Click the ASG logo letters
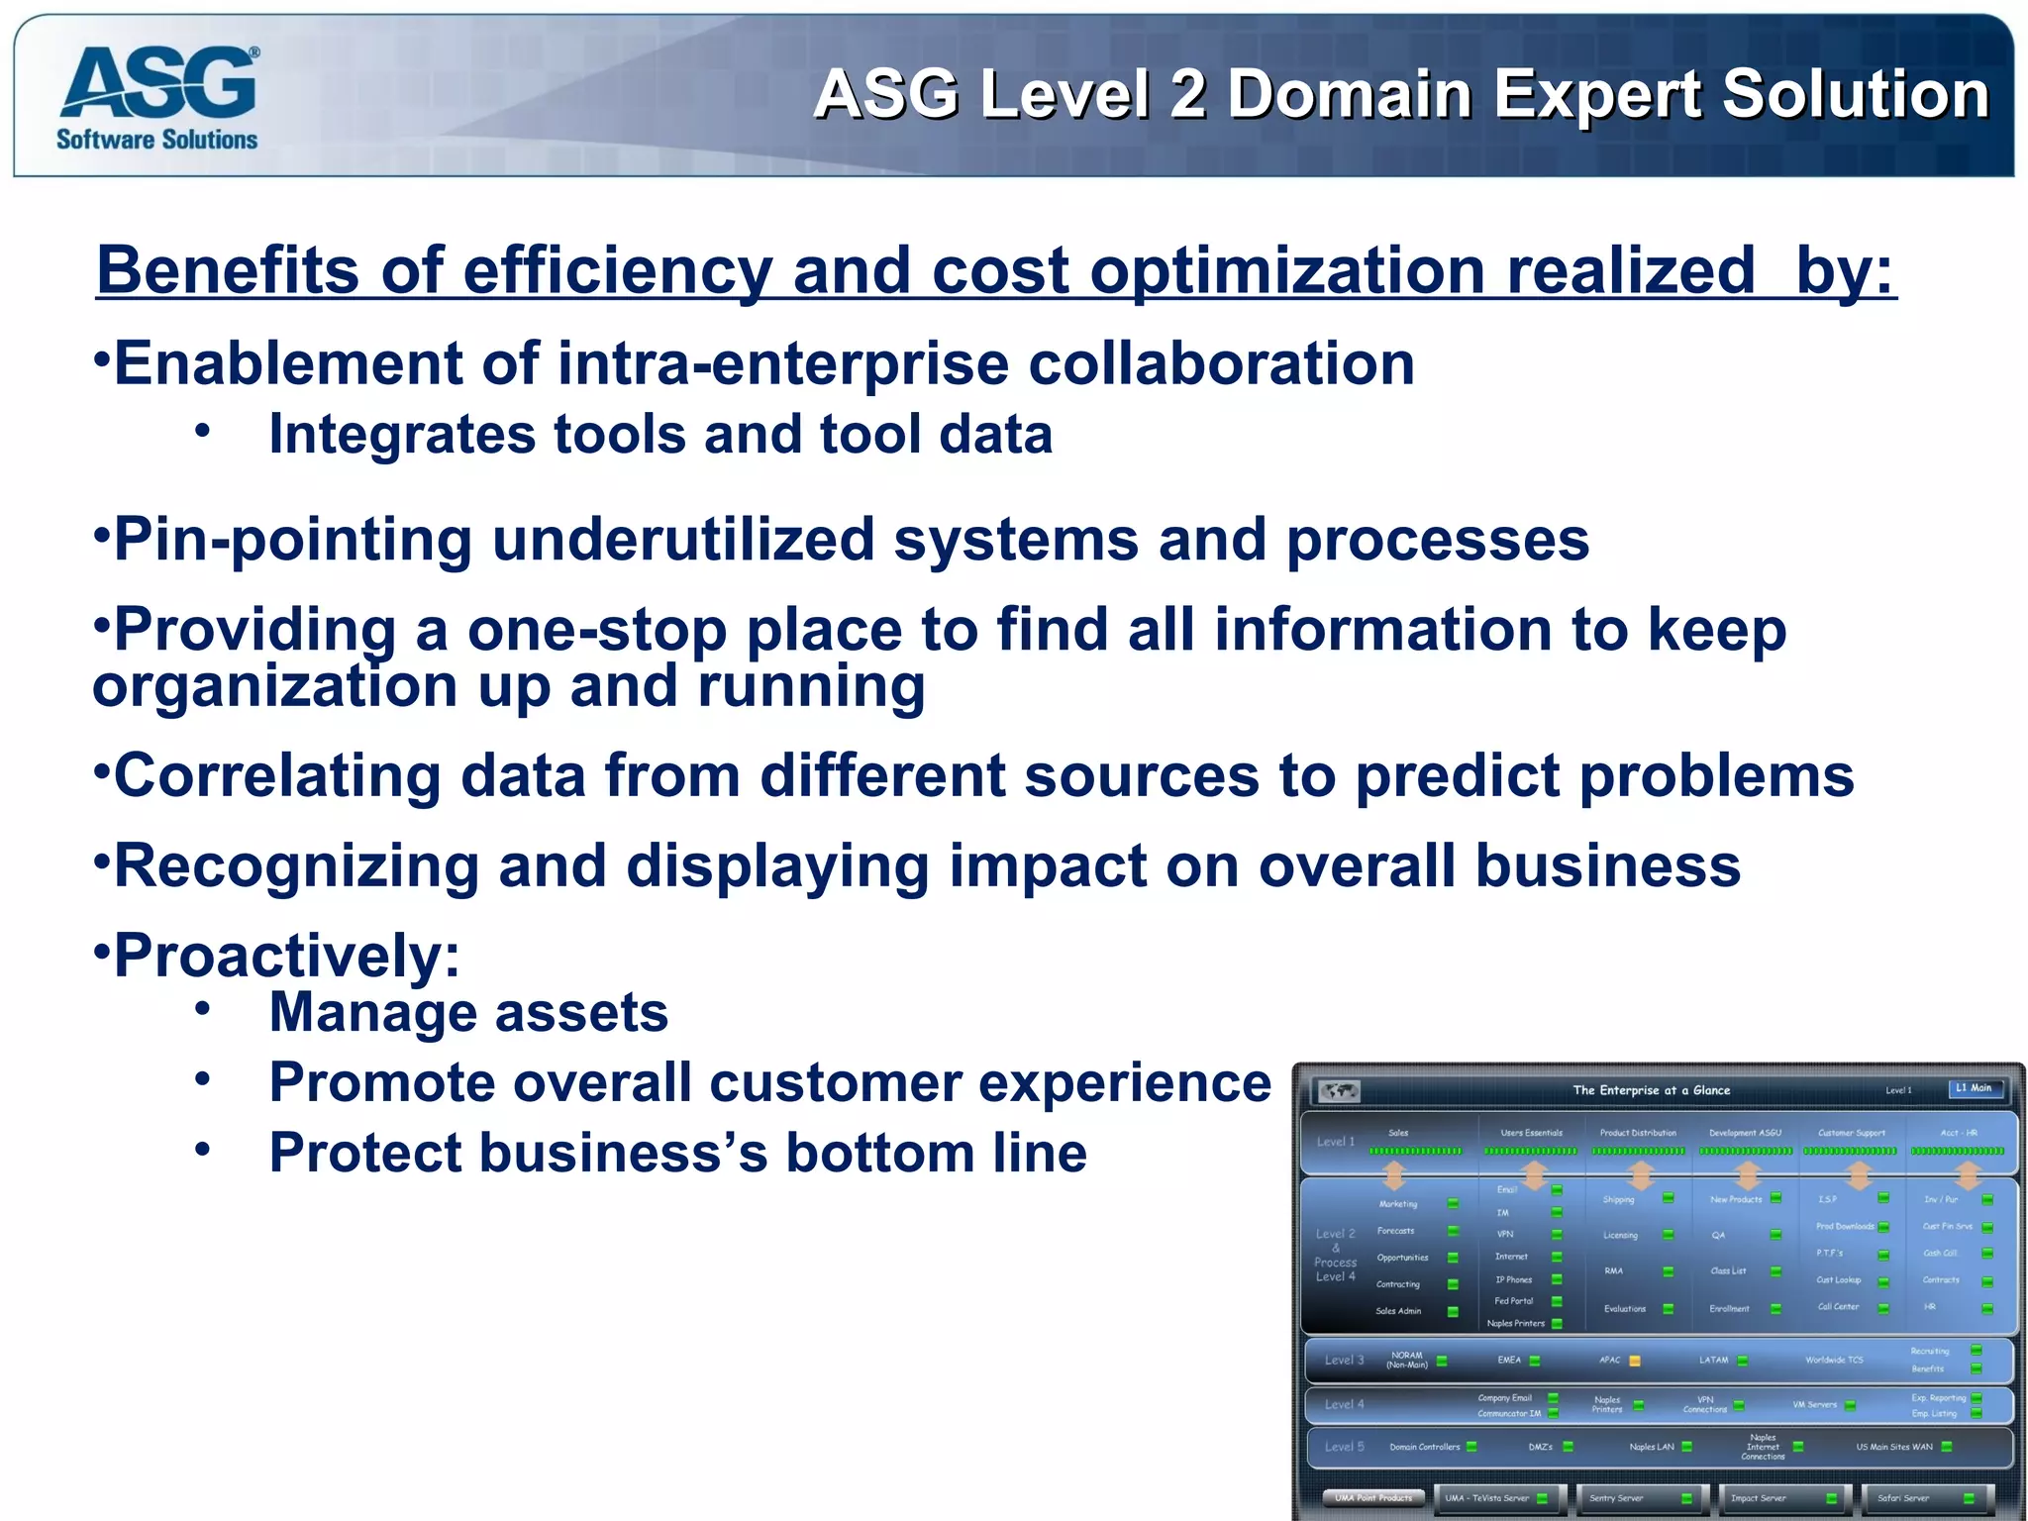click(158, 84)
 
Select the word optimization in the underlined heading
click(1286, 270)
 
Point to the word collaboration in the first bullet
click(1221, 363)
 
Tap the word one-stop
click(596, 631)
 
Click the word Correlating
click(278, 775)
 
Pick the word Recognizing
click(296, 866)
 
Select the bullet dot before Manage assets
click(202, 1009)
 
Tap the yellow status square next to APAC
click(1635, 1361)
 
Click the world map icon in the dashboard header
click(1339, 1091)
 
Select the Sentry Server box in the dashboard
click(1640, 1498)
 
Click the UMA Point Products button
click(1373, 1498)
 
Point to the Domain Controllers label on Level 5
click(1424, 1447)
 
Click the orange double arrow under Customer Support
click(1859, 1175)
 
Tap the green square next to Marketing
click(1453, 1203)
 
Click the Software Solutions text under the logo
click(156, 140)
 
